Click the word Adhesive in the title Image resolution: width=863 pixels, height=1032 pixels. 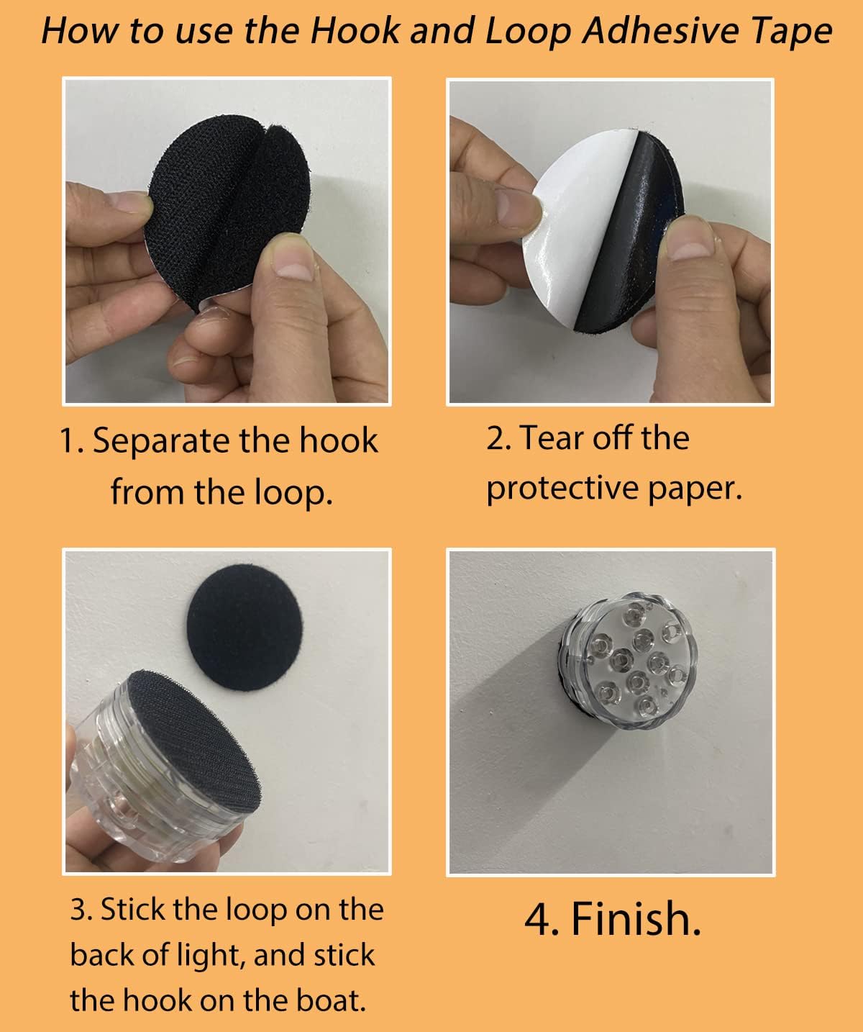[662, 31]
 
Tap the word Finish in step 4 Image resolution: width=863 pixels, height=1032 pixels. [636, 919]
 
